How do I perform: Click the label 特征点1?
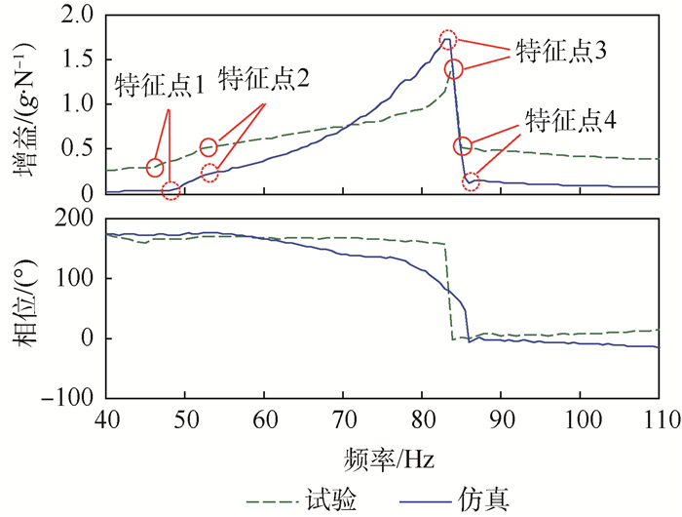click(x=159, y=85)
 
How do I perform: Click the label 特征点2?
click(x=264, y=78)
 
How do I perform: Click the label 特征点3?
click(x=559, y=52)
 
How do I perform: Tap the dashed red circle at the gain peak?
click(x=447, y=39)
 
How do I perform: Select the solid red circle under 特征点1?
click(x=155, y=169)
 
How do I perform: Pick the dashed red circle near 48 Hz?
click(x=170, y=190)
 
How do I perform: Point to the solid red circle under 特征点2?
click(x=208, y=147)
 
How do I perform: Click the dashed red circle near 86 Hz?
click(x=471, y=182)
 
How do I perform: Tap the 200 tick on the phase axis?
click(x=74, y=219)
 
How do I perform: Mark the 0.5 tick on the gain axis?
click(x=80, y=148)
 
